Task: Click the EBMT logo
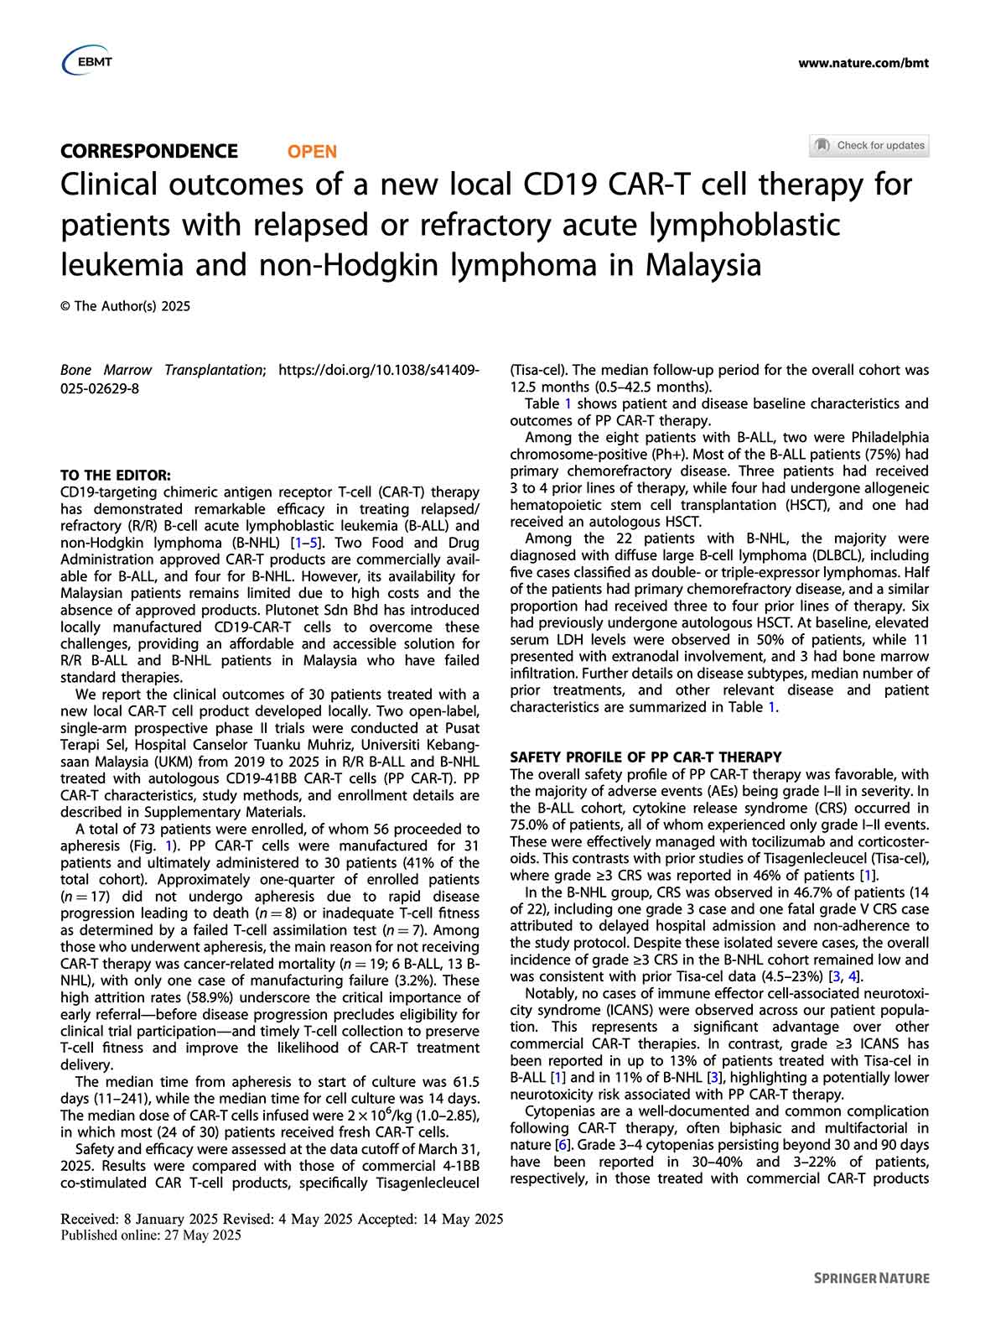pos(87,61)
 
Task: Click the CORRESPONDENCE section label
pos(149,151)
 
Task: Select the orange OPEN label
pos(312,152)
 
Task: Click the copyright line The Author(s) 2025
pos(126,306)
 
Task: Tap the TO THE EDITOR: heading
pos(116,476)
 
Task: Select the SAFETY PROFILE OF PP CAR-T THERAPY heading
pos(646,757)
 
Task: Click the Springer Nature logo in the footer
pos(872,1278)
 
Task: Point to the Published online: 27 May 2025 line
pos(151,1235)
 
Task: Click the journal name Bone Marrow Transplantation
pos(162,370)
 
